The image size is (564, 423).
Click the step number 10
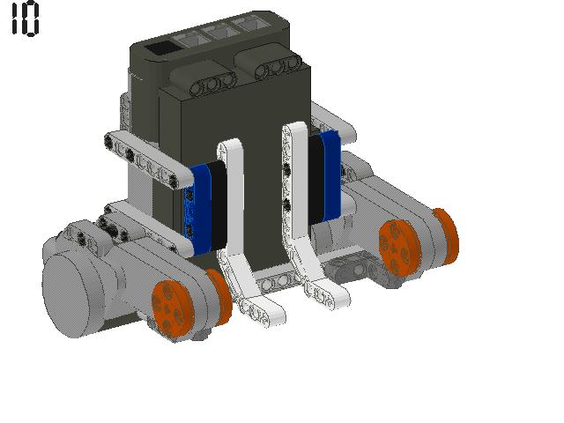(25, 18)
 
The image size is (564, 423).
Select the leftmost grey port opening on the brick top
(190, 40)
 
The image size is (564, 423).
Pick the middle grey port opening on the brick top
(219, 32)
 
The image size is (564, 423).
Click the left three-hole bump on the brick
(211, 84)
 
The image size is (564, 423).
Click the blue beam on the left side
(198, 209)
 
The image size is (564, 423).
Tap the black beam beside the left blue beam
(218, 205)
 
